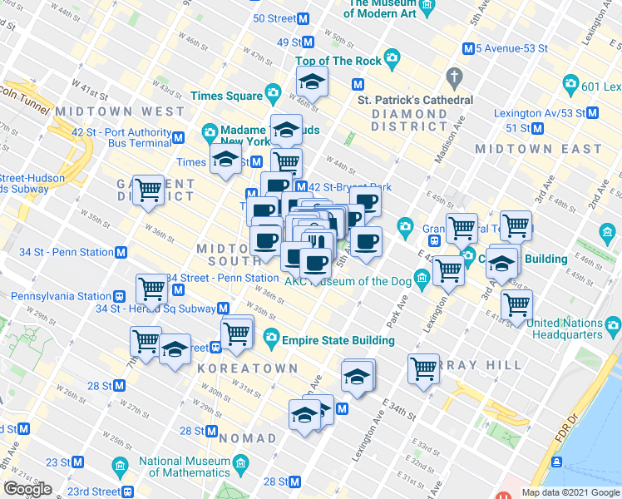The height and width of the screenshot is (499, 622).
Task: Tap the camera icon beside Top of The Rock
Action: point(392,61)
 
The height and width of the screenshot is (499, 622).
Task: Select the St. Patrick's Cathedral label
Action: point(415,100)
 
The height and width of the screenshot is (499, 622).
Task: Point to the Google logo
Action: point(27,489)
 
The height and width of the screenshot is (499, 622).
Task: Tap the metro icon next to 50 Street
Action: point(305,18)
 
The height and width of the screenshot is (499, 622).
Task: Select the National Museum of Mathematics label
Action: point(184,468)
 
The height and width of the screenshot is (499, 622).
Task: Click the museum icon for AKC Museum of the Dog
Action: point(423,279)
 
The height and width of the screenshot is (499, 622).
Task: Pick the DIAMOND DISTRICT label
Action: point(409,120)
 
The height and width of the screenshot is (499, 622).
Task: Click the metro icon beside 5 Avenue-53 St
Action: point(468,48)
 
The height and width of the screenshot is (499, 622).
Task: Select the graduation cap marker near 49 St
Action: point(313,82)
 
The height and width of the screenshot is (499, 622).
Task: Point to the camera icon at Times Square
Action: point(272,93)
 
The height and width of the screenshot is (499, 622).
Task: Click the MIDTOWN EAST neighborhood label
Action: point(538,149)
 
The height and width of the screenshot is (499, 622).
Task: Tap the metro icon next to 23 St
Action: point(78,462)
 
